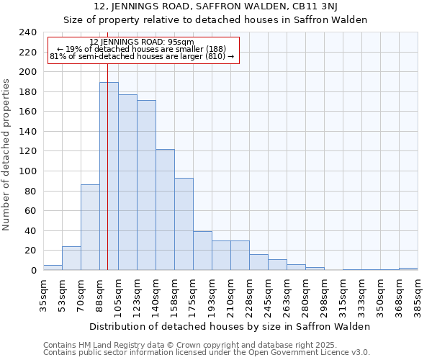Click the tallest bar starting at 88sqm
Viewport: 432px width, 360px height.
[x=109, y=176]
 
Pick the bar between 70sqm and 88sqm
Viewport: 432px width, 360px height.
[x=90, y=228]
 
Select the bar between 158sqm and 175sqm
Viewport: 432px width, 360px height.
[x=184, y=224]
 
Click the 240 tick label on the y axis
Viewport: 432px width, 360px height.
[x=27, y=32]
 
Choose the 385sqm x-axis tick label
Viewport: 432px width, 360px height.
[x=418, y=294]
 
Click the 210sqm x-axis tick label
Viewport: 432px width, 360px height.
[x=231, y=294]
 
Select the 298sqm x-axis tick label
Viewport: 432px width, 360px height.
[x=325, y=294]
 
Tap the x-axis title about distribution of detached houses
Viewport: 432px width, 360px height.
[x=230, y=326]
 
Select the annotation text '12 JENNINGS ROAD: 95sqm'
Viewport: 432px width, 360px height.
[x=142, y=42]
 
